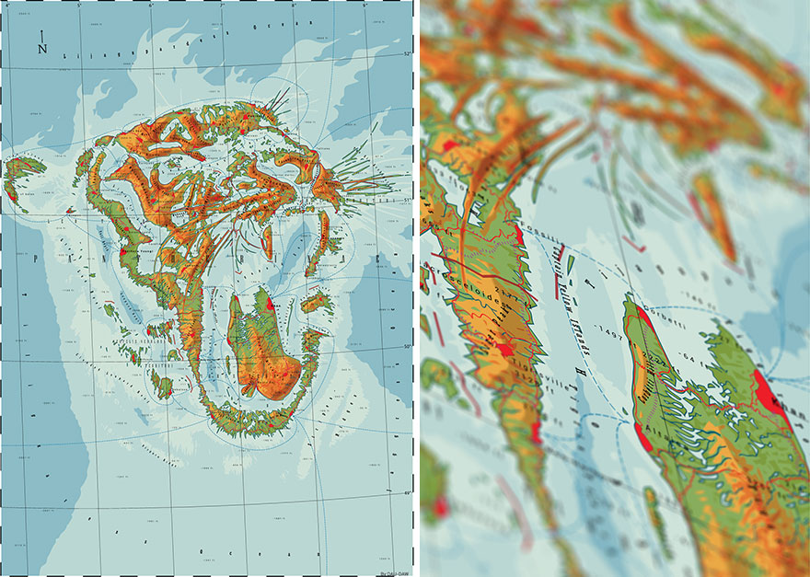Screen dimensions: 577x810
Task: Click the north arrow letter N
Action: [42, 50]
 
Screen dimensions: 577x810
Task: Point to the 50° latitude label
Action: [405, 346]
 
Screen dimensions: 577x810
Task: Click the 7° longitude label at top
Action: [222, 6]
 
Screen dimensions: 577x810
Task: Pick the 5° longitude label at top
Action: [79, 6]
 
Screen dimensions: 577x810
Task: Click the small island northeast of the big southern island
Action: [315, 302]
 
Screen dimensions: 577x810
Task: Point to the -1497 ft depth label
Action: [608, 329]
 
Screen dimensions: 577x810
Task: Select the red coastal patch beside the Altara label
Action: [642, 435]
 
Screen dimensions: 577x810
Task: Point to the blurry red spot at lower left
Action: [439, 506]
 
